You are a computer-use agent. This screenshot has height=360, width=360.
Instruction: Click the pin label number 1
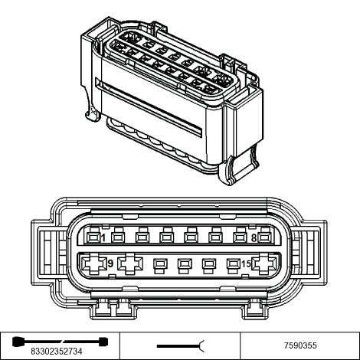coord(103,238)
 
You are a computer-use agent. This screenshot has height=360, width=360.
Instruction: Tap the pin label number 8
coord(254,238)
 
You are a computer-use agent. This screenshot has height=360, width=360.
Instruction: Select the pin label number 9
coord(110,263)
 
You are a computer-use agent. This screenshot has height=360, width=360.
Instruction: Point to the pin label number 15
coord(246,263)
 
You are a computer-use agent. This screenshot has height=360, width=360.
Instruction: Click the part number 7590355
coord(300,345)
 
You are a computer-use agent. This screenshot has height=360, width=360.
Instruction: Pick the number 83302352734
coord(57,352)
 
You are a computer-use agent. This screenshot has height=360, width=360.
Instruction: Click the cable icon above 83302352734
coord(61,342)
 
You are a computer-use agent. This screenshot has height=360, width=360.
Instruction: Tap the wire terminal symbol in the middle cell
coord(181,346)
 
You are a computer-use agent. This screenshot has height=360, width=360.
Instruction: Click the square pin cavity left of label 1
coord(93,237)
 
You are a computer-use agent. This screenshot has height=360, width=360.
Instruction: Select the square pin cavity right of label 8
coord(264,237)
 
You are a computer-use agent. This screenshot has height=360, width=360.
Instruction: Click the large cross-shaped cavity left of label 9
coord(93,263)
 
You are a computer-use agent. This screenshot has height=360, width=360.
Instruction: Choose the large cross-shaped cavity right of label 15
coord(264,263)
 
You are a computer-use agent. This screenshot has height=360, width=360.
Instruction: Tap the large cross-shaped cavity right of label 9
coord(130,263)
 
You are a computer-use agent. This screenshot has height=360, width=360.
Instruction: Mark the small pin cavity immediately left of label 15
coord(234,266)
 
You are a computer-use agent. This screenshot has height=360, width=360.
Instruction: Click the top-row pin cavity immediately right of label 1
coord(118,236)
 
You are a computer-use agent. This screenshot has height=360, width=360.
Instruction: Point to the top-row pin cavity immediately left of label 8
coord(240,236)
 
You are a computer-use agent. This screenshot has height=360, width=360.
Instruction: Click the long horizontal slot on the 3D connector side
coord(149,106)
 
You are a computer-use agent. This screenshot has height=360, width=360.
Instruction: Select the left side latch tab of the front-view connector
coord(48,253)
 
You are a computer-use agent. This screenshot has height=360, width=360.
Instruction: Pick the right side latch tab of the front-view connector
coord(309,253)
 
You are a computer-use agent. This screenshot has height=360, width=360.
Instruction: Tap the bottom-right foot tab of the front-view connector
coord(255,309)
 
